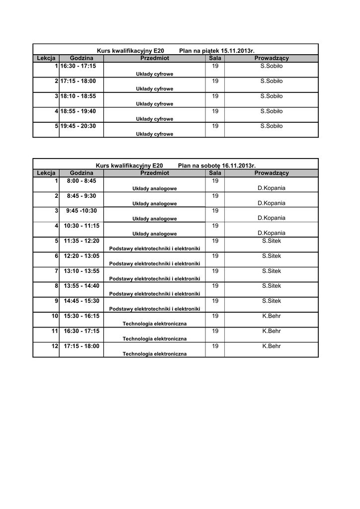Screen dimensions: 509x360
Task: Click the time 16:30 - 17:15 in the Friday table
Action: (78, 66)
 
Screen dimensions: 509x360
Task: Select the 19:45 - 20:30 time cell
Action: (78, 126)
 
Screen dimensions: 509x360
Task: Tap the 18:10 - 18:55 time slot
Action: (78, 96)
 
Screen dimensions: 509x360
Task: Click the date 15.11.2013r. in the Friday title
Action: (238, 51)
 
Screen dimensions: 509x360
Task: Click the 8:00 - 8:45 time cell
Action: (82, 180)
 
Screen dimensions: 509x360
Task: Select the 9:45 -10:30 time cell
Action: (82, 210)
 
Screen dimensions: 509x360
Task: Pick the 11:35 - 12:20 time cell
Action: (82, 241)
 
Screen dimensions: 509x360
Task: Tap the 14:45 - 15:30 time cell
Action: (82, 301)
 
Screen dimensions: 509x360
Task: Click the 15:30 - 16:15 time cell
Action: (82, 316)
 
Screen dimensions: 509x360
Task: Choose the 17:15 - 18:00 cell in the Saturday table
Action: (82, 346)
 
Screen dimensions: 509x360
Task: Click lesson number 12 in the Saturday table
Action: (55, 346)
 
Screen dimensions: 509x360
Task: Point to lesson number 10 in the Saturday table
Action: (55, 316)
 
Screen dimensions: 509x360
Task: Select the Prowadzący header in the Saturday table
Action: (271, 173)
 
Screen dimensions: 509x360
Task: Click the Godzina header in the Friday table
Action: (82, 58)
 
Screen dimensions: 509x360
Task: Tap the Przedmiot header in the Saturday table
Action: (155, 173)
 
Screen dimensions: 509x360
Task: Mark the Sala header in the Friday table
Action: (215, 58)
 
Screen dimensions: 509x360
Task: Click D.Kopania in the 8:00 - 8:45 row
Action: (271, 188)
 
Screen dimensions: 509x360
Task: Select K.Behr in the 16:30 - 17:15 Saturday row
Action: (271, 331)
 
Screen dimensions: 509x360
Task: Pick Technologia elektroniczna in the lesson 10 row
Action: (155, 324)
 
